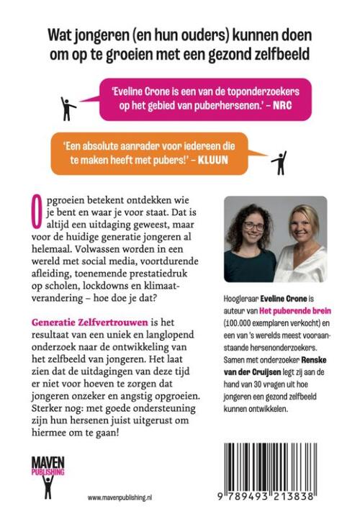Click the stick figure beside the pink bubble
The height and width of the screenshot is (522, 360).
[68, 107]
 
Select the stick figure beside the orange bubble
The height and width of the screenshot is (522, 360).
[279, 162]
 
